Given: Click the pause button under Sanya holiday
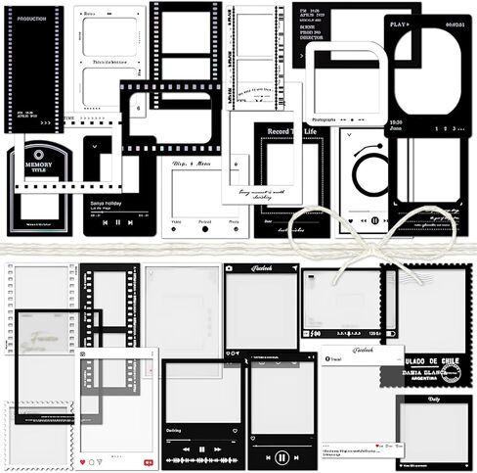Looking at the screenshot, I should coord(117,222).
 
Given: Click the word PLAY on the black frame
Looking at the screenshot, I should coord(398,23).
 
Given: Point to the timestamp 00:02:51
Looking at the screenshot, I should coord(454,23).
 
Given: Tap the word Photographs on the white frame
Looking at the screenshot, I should coord(325,121).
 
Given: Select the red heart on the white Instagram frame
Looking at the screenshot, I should coord(84,460).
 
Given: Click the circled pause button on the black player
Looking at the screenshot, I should coord(282,456).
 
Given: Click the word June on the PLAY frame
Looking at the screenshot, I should coord(396,128).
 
